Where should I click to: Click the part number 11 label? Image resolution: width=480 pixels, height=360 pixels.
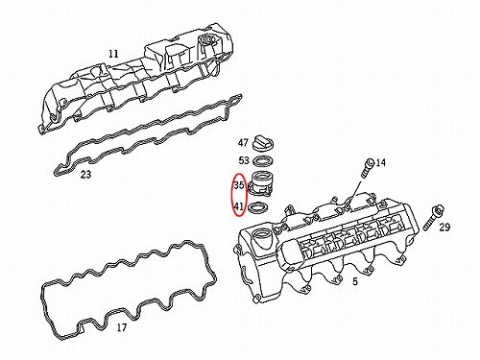113,54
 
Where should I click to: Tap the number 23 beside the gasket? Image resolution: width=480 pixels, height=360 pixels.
85,175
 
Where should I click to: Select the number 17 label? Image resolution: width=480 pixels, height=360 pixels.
122,327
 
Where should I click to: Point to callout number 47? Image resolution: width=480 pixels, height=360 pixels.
243,142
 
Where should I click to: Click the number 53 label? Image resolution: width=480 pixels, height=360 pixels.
244,160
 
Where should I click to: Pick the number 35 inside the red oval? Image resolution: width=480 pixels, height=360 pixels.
239,185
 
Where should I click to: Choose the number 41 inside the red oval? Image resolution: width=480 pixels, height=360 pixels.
239,206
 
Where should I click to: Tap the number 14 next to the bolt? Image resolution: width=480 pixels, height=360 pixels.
381,163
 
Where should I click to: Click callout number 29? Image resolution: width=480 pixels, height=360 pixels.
444,228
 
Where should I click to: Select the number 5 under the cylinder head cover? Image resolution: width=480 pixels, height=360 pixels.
355,281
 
